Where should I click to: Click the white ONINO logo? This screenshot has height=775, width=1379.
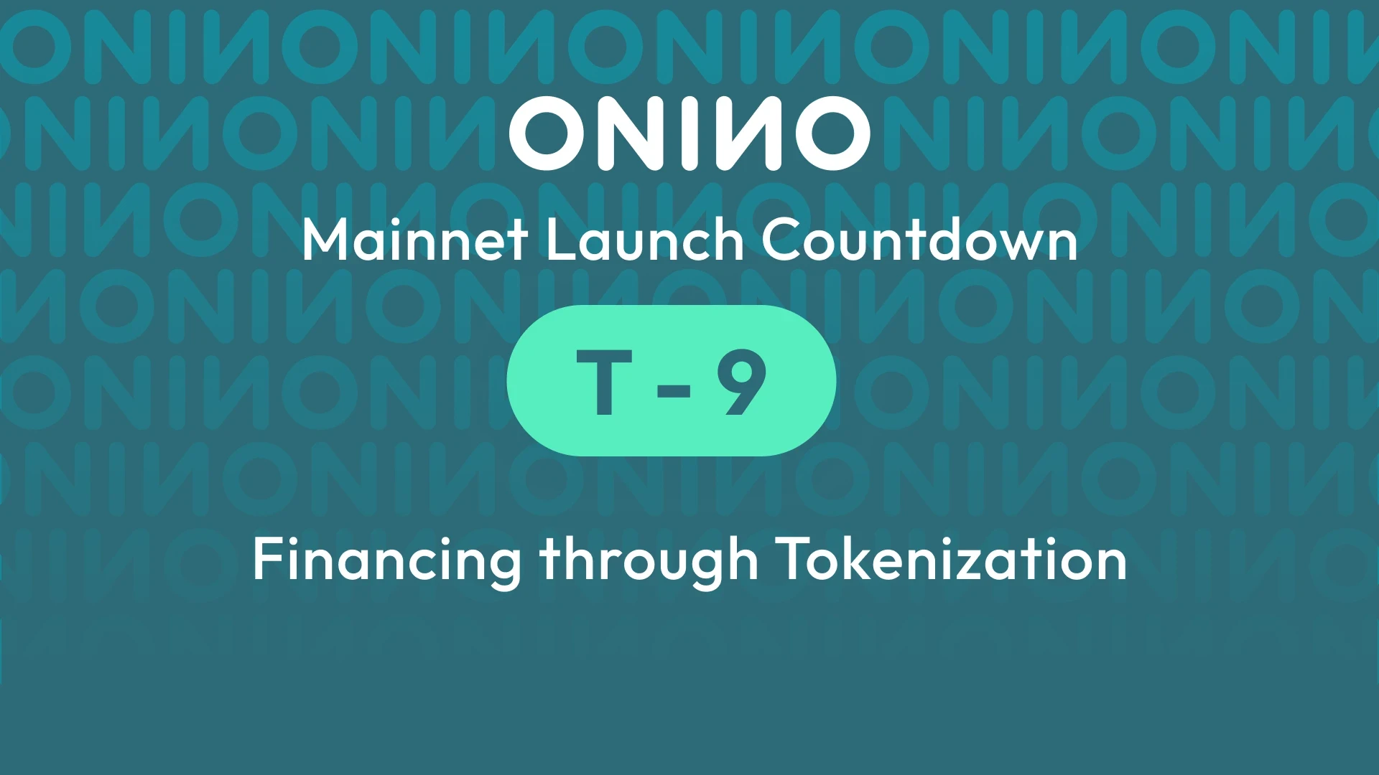(689, 133)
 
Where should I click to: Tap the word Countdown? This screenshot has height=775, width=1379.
(919, 240)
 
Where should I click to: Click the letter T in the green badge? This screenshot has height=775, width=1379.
(604, 382)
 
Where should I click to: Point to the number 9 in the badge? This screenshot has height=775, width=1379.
(742, 382)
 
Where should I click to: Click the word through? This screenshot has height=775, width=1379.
(649, 561)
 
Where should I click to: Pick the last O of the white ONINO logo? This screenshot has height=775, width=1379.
(830, 134)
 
